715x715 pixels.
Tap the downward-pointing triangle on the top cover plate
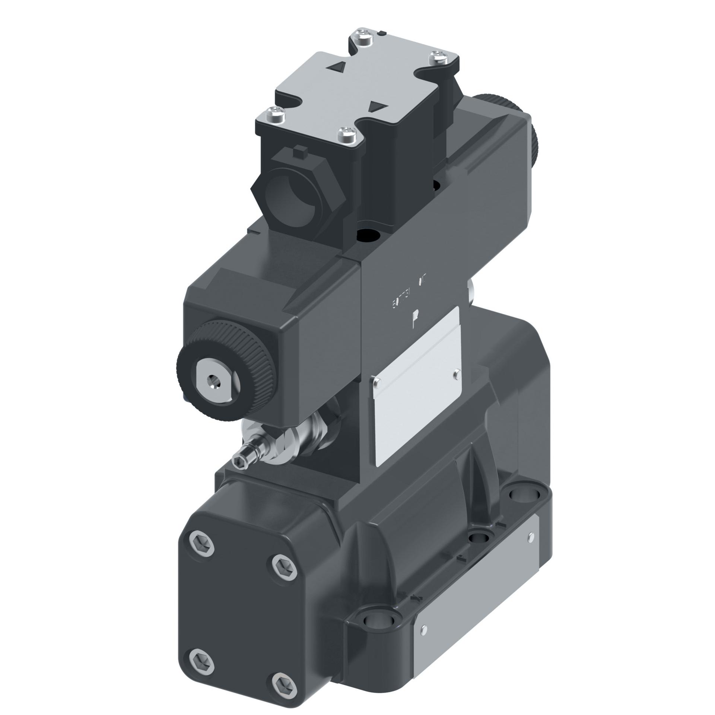pyautogui.click(x=376, y=107)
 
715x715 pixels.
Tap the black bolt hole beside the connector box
pyautogui.click(x=369, y=235)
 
